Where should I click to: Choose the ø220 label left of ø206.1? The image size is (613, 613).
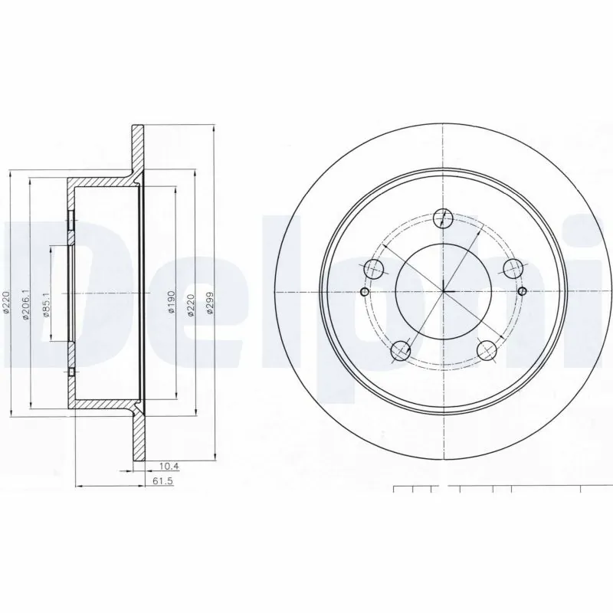(6, 301)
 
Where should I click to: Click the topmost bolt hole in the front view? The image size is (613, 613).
(442, 218)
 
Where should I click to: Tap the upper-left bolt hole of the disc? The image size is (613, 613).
(373, 268)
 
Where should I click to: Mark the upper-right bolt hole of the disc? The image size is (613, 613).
(512, 268)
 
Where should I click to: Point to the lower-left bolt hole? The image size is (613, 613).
(400, 351)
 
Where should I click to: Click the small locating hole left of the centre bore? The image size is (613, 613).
(364, 292)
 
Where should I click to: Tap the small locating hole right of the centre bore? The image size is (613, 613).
(523, 292)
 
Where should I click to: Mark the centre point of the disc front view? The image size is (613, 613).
(444, 292)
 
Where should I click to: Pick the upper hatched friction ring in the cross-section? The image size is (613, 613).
(138, 146)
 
